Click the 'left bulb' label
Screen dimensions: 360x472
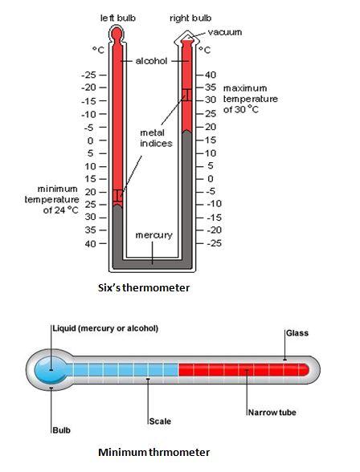click(x=118, y=18)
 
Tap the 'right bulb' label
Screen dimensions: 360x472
click(x=190, y=18)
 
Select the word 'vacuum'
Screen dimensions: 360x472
click(x=225, y=32)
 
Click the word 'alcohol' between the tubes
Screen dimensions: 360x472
click(x=151, y=61)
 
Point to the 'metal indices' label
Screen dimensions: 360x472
click(x=156, y=138)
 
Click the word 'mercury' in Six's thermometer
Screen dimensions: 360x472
click(x=154, y=235)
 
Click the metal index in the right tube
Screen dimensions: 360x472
click(x=186, y=95)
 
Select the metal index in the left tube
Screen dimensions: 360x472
click(x=118, y=195)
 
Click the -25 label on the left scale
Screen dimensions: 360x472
click(x=88, y=75)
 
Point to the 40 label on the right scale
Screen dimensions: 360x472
click(x=211, y=75)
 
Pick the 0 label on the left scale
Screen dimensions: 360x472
click(x=90, y=140)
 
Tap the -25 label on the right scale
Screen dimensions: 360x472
click(x=215, y=243)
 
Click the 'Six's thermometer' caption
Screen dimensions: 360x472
click(x=144, y=287)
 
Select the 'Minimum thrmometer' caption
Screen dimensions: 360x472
click(x=154, y=453)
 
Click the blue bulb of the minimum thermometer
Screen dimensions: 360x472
click(x=51, y=370)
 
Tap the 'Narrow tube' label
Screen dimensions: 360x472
click(x=272, y=413)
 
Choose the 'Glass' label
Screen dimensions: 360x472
click(x=297, y=333)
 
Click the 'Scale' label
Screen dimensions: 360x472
click(x=160, y=421)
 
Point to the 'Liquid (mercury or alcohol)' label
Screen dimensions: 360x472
click(x=105, y=328)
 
